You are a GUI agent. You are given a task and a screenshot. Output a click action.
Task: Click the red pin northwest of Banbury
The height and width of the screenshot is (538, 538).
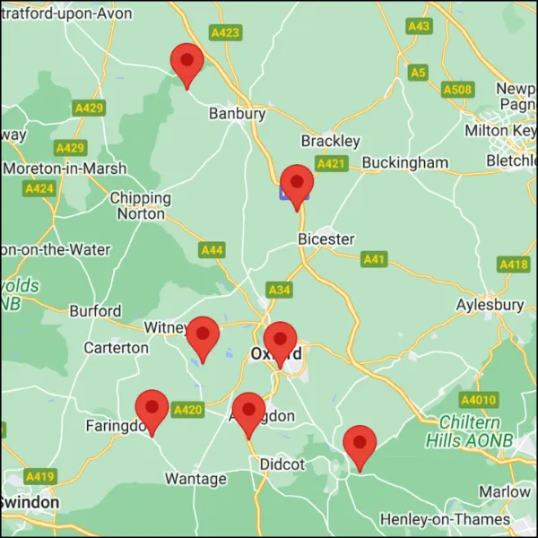click(187, 62)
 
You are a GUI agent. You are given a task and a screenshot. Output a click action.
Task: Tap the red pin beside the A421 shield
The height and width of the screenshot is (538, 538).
click(296, 184)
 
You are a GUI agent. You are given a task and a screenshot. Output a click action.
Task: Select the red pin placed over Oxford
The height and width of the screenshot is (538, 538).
click(281, 341)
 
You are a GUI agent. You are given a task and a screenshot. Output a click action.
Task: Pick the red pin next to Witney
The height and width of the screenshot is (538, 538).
click(203, 335)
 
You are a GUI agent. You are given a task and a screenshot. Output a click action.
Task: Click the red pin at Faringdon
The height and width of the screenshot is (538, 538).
click(152, 409)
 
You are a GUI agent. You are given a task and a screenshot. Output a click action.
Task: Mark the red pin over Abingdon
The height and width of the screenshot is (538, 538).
click(248, 412)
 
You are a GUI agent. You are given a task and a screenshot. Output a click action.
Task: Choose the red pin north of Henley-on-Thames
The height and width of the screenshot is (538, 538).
click(360, 445)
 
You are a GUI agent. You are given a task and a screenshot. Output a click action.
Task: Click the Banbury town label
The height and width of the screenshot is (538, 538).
click(237, 114)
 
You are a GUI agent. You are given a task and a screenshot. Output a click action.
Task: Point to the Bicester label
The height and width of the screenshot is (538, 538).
click(325, 239)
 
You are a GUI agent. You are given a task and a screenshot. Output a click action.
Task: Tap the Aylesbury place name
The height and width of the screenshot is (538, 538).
click(490, 305)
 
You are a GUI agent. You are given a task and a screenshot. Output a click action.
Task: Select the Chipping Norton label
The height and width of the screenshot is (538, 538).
click(140, 205)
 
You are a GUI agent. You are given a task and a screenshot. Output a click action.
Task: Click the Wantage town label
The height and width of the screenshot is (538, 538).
click(195, 479)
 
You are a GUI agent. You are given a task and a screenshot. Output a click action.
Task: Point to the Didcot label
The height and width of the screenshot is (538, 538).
click(282, 464)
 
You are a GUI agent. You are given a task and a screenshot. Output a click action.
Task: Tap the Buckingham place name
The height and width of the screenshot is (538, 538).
click(404, 163)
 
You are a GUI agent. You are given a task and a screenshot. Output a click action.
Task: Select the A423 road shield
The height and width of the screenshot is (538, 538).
click(225, 32)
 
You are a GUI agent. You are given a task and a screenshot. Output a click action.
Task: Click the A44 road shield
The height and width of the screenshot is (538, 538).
click(212, 250)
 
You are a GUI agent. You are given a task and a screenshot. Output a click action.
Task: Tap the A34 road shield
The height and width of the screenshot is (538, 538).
click(279, 290)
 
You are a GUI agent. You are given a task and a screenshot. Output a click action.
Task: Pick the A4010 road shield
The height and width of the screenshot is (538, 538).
click(477, 399)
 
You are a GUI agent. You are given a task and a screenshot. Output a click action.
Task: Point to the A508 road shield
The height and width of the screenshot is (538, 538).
click(457, 90)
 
